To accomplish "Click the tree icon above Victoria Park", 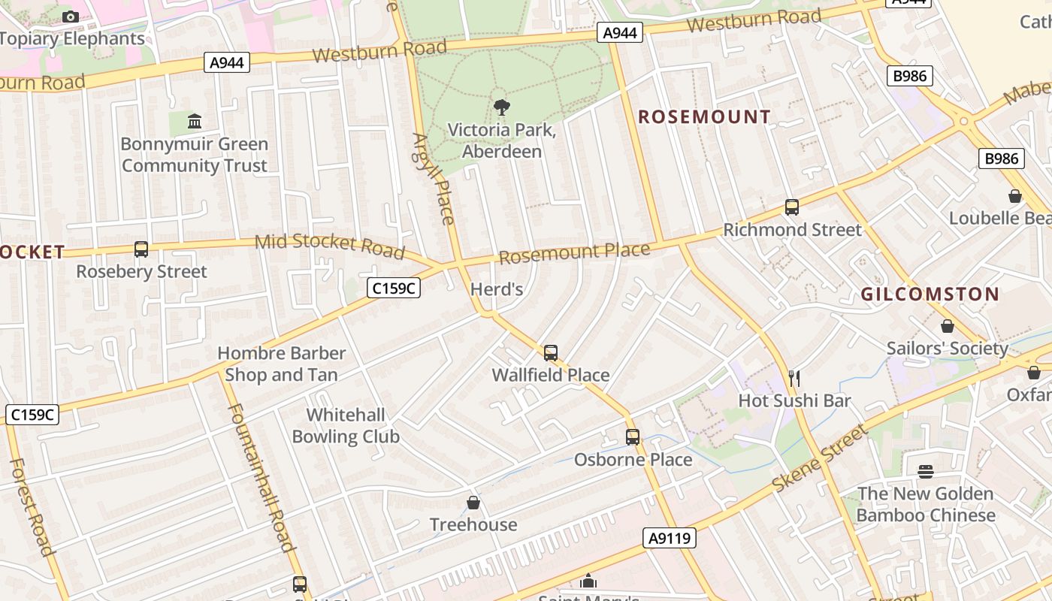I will (501, 107).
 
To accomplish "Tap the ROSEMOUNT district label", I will (704, 116).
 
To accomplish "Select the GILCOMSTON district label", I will (930, 294).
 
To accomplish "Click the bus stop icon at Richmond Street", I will (791, 207).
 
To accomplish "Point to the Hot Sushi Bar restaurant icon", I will (794, 378).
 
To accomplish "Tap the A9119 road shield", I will (670, 538).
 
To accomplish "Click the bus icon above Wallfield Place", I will (551, 353).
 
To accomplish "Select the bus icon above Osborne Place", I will (633, 437).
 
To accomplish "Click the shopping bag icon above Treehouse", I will (473, 503).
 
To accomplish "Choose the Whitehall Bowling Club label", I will (346, 426).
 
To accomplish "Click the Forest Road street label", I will (32, 507).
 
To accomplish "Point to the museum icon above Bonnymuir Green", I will (195, 121).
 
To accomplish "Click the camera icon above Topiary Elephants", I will (71, 17).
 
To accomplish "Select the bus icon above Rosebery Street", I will (141, 249).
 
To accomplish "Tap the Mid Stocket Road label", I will (330, 246).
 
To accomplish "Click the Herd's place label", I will (496, 289).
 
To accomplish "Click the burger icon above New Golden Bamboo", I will (926, 472).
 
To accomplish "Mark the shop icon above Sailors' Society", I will (947, 327).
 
